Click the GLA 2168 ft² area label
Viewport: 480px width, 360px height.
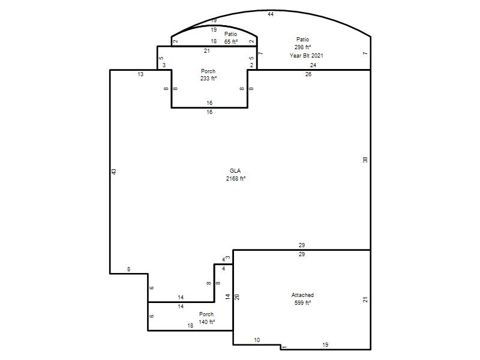click(x=235, y=175)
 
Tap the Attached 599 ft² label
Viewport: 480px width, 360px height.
click(x=302, y=299)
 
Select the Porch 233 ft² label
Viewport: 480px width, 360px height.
click(x=208, y=74)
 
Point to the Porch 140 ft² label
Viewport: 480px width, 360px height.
click(x=206, y=318)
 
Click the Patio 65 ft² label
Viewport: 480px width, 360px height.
click(x=231, y=38)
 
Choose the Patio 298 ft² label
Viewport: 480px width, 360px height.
click(x=303, y=43)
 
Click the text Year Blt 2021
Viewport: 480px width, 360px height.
click(x=306, y=55)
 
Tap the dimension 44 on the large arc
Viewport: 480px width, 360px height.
click(x=271, y=14)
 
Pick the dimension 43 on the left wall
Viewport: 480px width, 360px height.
click(x=114, y=172)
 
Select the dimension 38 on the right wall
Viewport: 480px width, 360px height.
click(x=365, y=160)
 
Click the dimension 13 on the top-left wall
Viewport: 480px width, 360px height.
click(x=140, y=74)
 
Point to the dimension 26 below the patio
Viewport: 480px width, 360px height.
click(x=308, y=74)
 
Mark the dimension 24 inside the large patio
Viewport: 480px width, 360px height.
click(x=313, y=65)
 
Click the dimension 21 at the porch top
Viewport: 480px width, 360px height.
click(x=207, y=51)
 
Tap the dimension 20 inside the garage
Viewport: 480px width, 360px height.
click(x=237, y=296)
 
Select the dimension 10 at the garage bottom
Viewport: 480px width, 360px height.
click(x=257, y=340)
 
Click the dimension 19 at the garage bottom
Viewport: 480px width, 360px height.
click(x=325, y=344)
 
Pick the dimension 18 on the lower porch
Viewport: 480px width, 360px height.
click(x=190, y=326)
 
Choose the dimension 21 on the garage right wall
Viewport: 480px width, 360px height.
click(x=365, y=299)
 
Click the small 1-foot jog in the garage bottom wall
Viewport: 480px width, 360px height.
click(x=280, y=347)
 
